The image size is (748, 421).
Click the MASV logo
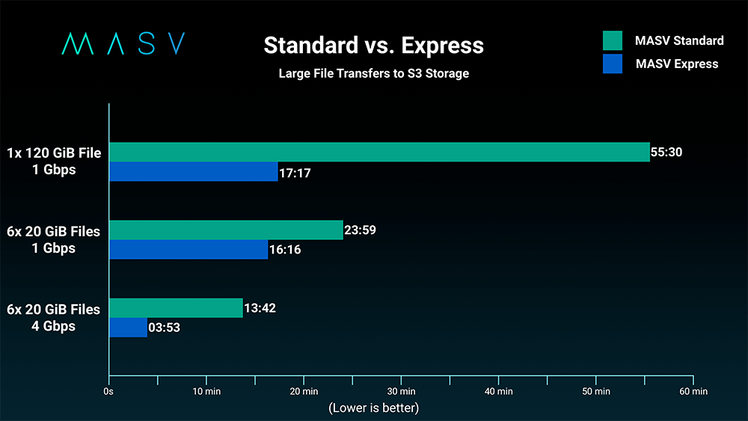[x=123, y=44]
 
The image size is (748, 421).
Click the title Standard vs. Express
[x=373, y=46]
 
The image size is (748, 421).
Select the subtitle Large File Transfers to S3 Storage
[x=373, y=73]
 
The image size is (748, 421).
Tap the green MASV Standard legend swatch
[x=612, y=40]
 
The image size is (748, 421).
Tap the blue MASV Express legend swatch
[x=612, y=64]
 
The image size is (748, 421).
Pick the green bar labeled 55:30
[x=379, y=152]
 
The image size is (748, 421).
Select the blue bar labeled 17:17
[x=194, y=172]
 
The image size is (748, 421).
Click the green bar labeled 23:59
[x=226, y=230]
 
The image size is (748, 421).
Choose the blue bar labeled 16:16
[x=188, y=250]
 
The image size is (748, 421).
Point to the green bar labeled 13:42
[x=176, y=307]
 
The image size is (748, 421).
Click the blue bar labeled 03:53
[x=128, y=328]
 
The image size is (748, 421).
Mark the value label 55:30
[x=666, y=153]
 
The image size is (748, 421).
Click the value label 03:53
[x=164, y=328]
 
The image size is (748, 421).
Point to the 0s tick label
[x=109, y=391]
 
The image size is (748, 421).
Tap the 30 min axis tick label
[x=402, y=391]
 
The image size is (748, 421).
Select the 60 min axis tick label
[x=693, y=391]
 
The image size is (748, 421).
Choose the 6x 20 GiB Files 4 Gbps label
[x=53, y=318]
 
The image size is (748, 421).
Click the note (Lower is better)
[x=373, y=408]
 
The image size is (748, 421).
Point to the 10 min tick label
[x=206, y=391]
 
